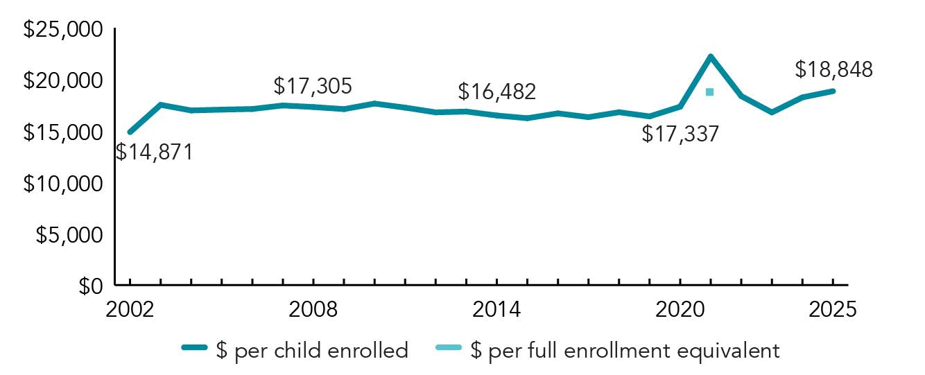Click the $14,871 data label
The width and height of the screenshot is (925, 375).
coord(154,151)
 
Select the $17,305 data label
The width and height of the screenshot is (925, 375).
coord(313,86)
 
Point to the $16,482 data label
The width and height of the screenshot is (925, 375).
coord(497,91)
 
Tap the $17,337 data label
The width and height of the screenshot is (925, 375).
coord(680,134)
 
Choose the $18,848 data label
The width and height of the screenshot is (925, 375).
coord(833,69)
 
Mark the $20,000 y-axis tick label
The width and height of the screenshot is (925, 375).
coord(63,81)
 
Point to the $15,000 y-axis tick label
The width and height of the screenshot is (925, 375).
coord(63,132)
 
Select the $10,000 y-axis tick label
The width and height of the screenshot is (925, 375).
coord(63,184)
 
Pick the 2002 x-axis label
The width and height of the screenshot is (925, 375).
coord(130,309)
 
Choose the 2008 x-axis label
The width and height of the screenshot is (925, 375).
coord(313,309)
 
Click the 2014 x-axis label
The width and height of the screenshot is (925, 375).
coord(496,309)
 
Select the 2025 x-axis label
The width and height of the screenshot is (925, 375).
coord(833,309)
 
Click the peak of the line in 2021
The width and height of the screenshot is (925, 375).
coord(710,56)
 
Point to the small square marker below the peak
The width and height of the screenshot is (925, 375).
coord(709,92)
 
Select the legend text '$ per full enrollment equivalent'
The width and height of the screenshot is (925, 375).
coord(625,351)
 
